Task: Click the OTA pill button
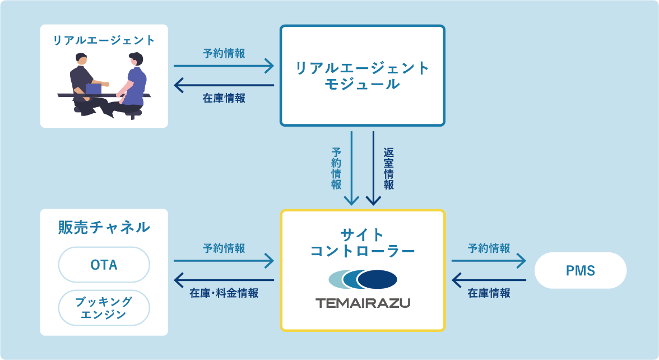104,265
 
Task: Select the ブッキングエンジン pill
104,308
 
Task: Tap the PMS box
580,271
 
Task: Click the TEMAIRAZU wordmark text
363,303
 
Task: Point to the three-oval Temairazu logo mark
363,279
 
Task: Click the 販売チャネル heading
104,227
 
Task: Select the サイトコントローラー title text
363,242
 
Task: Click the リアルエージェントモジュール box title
363,76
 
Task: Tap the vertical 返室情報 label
388,169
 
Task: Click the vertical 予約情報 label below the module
337,169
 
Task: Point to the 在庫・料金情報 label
224,293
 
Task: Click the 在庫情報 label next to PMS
489,293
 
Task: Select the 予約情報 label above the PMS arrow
489,248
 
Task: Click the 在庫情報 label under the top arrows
224,99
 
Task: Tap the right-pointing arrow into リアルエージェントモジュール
224,66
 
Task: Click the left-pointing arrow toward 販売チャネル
224,279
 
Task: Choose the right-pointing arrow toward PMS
489,260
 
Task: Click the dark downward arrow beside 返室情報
373,168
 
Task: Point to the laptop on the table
93,89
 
